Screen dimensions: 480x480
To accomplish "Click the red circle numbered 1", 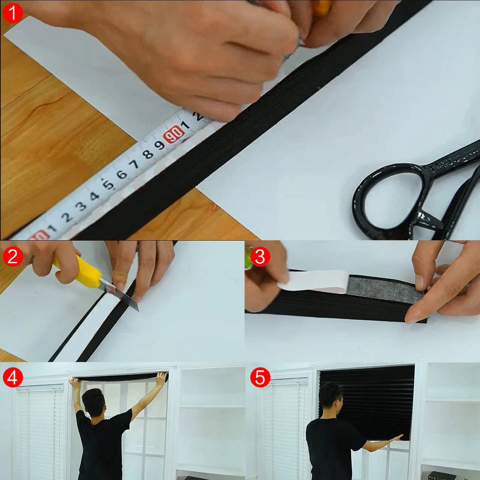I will tap(12, 13).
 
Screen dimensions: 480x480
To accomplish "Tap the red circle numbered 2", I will tap(12, 257).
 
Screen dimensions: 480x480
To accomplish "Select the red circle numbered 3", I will tap(260, 257).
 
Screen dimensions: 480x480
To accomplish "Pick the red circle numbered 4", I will tap(12, 378).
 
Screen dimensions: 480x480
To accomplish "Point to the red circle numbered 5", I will tap(260, 378).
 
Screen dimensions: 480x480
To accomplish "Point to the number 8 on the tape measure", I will tap(148, 154).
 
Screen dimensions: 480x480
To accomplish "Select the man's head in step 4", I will tap(94, 402).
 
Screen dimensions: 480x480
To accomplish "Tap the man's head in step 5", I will tap(330, 396).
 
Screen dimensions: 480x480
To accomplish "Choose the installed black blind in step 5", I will tap(367, 400).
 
